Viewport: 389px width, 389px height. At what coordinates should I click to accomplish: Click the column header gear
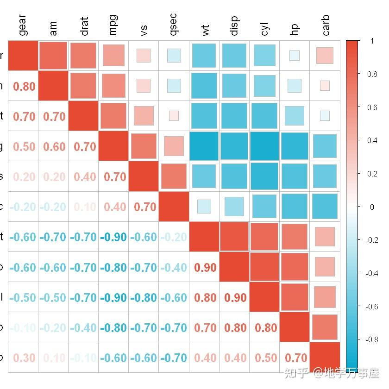[x=23, y=25]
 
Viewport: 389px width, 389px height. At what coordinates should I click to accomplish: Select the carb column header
[x=326, y=25]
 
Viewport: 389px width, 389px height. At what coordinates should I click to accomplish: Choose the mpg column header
[x=113, y=25]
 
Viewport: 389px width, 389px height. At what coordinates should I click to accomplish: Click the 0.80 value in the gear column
[x=24, y=86]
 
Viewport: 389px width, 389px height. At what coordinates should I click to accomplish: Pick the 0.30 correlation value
[x=24, y=358]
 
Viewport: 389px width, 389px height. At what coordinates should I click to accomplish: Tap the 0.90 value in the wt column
[x=205, y=268]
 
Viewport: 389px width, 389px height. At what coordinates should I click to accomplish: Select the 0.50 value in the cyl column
[x=265, y=358]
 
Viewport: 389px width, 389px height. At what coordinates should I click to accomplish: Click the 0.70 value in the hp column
[x=295, y=358]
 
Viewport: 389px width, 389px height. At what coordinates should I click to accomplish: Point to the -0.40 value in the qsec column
[x=174, y=268]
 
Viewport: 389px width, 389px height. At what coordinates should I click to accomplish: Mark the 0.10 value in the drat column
[x=84, y=207]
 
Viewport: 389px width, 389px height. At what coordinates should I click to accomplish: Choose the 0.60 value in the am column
[x=54, y=147]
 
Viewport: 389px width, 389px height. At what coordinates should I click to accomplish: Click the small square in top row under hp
[x=295, y=56]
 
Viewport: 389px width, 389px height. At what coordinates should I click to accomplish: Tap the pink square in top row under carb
[x=325, y=56]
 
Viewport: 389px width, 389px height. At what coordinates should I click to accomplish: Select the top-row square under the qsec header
[x=174, y=56]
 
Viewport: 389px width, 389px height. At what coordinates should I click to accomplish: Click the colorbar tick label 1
[x=372, y=41]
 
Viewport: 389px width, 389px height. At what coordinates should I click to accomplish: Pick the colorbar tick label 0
[x=372, y=207]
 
